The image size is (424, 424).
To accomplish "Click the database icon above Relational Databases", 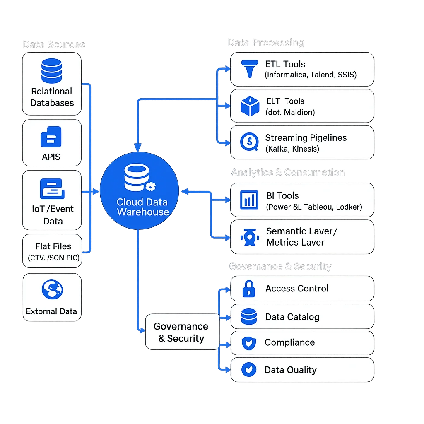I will pyautogui.click(x=51, y=71).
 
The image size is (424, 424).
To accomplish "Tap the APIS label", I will pyautogui.click(x=51, y=157).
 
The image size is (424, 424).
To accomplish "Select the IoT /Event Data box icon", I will pyautogui.click(x=52, y=189).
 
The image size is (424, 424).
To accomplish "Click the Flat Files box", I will pyautogui.click(x=53, y=251).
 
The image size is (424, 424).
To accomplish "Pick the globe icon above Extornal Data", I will pyautogui.click(x=52, y=289).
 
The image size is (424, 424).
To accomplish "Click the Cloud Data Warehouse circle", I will pyautogui.click(x=139, y=190).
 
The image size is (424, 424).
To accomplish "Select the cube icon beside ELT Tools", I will pyautogui.click(x=250, y=106).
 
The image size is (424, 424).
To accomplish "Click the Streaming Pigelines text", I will pyautogui.click(x=306, y=138).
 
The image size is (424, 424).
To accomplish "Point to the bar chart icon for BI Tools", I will pyautogui.click(x=249, y=200).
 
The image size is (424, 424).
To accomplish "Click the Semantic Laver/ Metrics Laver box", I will pyautogui.click(x=302, y=237).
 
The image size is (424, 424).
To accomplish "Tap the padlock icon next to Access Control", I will pyautogui.click(x=249, y=288).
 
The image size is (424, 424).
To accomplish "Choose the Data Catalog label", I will pyautogui.click(x=292, y=317).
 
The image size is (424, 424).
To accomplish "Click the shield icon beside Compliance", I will pyautogui.click(x=249, y=343).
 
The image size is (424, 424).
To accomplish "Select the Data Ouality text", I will pyautogui.click(x=290, y=370).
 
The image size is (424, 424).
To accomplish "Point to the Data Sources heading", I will pyautogui.click(x=54, y=44).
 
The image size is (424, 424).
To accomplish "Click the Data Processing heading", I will pyautogui.click(x=266, y=42).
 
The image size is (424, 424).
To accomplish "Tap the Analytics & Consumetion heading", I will pyautogui.click(x=287, y=172).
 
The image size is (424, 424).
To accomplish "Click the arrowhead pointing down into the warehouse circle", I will pyautogui.click(x=138, y=147).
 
